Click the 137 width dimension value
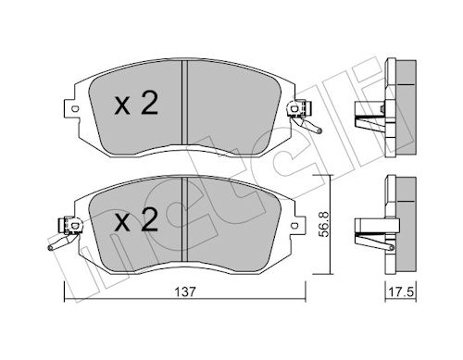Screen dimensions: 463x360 click(x=185, y=292)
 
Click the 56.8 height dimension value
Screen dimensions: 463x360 click(x=324, y=224)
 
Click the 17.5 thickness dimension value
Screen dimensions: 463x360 click(x=401, y=292)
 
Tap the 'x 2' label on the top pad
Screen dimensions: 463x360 click(x=136, y=104)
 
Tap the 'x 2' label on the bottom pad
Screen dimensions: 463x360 click(x=136, y=219)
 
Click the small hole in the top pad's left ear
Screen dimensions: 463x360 click(x=74, y=108)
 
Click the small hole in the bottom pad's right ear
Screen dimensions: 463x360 click(x=294, y=225)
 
